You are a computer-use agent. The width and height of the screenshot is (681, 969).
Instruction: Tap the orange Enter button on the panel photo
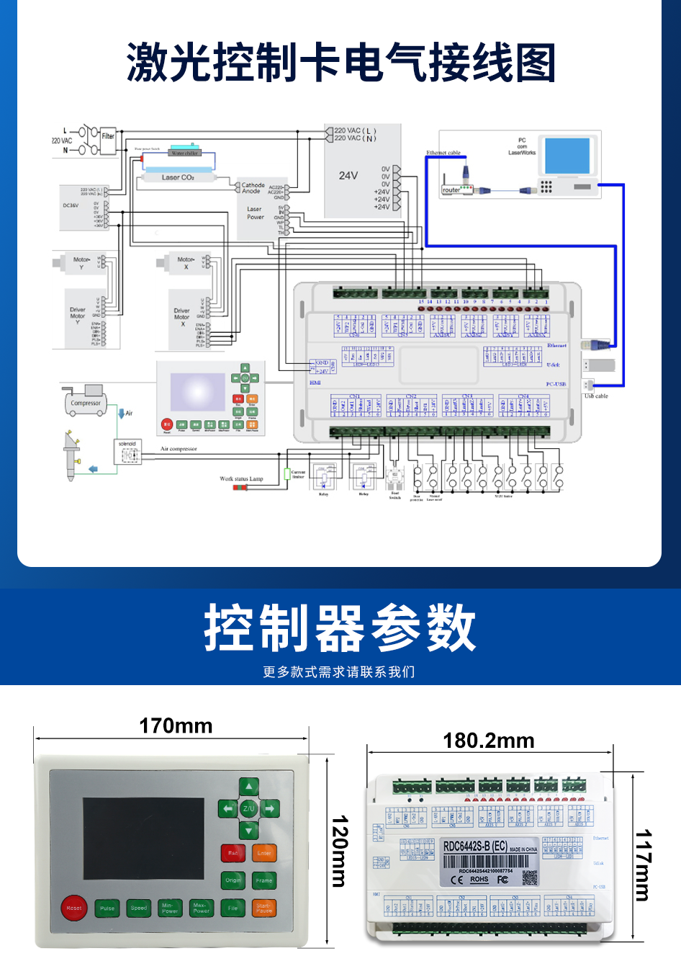[x=264, y=853]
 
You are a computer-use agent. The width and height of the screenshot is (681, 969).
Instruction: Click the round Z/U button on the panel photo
[x=248, y=808]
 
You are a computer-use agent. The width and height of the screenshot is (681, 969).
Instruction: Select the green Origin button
[x=233, y=880]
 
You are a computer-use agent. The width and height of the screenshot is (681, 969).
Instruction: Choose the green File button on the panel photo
[x=233, y=908]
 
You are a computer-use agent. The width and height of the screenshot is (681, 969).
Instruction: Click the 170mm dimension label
[x=176, y=725]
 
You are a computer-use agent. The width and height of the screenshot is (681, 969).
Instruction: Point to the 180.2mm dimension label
[x=488, y=741]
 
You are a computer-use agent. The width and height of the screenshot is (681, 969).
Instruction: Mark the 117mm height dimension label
[x=643, y=865]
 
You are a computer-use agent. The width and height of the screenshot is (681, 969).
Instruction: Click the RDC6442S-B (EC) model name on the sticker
[x=475, y=846]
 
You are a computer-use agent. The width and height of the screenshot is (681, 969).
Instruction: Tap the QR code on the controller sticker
[x=530, y=878]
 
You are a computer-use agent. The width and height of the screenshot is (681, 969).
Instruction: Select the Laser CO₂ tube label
[x=178, y=177]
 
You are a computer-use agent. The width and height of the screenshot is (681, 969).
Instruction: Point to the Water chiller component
[x=184, y=153]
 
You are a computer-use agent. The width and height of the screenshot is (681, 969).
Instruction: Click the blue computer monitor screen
[x=567, y=155]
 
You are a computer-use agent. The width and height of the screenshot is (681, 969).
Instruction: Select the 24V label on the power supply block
[x=348, y=175]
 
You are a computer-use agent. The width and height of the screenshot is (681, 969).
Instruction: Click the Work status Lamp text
[x=241, y=478]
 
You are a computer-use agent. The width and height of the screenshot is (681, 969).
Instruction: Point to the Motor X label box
[x=186, y=263]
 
